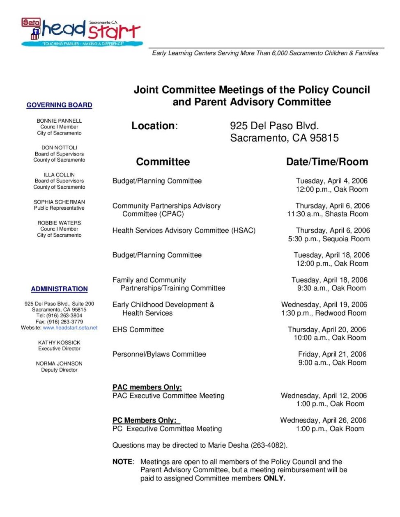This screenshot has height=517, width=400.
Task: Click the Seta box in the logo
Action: [31, 23]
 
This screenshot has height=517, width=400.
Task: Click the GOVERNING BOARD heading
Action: [59, 105]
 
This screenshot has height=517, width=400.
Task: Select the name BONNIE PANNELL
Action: [59, 121]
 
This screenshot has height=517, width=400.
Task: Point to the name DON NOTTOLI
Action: [59, 148]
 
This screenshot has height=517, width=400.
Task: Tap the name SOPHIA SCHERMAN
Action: [59, 202]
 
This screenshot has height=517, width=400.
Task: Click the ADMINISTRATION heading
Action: [59, 289]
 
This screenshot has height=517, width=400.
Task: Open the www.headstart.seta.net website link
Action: [70, 328]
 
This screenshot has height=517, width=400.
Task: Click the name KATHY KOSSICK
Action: [59, 343]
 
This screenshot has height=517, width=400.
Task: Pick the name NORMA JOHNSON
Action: [59, 364]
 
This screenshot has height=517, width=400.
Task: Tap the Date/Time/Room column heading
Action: [327, 162]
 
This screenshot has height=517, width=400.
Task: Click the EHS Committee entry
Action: [138, 329]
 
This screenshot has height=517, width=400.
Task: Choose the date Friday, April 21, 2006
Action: [332, 354]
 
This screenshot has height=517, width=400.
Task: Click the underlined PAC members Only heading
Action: [147, 387]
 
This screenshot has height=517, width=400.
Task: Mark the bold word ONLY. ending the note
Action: [274, 478]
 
